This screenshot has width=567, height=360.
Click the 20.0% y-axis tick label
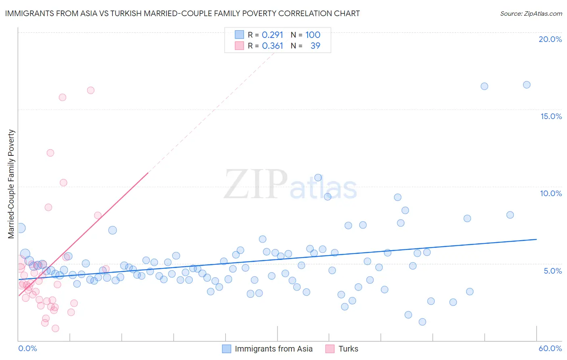coord(550,39)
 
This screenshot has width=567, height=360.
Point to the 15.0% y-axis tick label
coord(551,116)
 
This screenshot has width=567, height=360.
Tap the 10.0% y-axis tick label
coord(551,193)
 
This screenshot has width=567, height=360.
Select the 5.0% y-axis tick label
coord(552,271)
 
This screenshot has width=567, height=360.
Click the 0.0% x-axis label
coord(27,348)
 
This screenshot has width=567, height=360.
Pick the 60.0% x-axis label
coord(550,348)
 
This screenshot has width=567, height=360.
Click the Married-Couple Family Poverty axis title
coord(11,184)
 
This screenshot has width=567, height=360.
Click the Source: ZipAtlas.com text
coord(531,13)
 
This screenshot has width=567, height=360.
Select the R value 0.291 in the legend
coord(273,35)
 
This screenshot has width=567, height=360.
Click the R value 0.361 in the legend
coord(273,46)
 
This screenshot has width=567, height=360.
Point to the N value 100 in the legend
coord(313,35)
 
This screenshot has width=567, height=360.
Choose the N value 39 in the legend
coord(315,46)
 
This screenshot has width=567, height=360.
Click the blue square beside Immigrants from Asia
coord(227,349)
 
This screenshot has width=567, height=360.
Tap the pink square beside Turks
coord(330,349)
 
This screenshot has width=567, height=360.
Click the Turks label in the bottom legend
coord(348,349)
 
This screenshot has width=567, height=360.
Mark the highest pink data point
coord(91,90)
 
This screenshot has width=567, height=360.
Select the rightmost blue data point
coord(527,85)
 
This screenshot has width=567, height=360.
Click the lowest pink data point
coord(56,329)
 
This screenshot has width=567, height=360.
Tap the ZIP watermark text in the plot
coord(256,184)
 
